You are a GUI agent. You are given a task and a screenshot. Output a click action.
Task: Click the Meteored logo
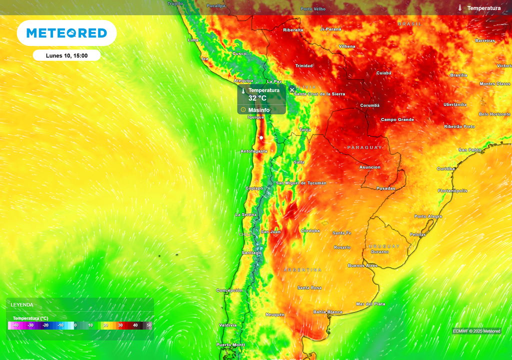click(x=66, y=33)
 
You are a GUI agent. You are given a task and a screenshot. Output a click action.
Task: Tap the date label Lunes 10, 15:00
click(x=66, y=55)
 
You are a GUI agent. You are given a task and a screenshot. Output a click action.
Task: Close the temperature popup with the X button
click(x=292, y=90)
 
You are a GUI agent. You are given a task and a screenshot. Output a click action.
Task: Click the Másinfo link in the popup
click(x=258, y=110)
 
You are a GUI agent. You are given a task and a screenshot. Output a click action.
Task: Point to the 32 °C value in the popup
click(x=257, y=98)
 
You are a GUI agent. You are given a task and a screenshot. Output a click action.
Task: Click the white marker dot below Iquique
click(x=261, y=137)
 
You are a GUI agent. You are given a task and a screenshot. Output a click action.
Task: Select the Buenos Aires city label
click(x=362, y=265)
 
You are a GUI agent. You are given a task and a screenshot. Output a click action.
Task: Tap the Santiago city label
click(x=251, y=253)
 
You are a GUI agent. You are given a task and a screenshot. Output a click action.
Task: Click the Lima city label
click(x=192, y=40)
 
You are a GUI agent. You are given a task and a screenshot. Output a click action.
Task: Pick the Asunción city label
click(x=370, y=167)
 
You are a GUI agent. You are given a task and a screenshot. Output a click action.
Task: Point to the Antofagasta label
click(x=254, y=151)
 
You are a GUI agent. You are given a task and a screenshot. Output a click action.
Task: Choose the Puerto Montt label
click(x=230, y=345)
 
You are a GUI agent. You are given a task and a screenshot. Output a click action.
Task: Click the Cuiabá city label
click(x=383, y=73)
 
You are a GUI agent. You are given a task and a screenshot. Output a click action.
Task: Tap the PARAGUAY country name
click(x=364, y=147)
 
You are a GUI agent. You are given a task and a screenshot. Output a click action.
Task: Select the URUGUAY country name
click(x=384, y=246)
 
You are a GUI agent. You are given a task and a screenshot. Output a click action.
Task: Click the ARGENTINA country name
click(x=303, y=270)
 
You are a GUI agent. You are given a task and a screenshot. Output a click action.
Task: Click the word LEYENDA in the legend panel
click(x=22, y=304)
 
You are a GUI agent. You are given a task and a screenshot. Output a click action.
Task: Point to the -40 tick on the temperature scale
click(x=15, y=325)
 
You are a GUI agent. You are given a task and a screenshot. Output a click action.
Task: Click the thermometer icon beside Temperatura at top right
click(x=459, y=8)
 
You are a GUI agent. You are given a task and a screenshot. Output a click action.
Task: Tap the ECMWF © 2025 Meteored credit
click(x=476, y=331)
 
